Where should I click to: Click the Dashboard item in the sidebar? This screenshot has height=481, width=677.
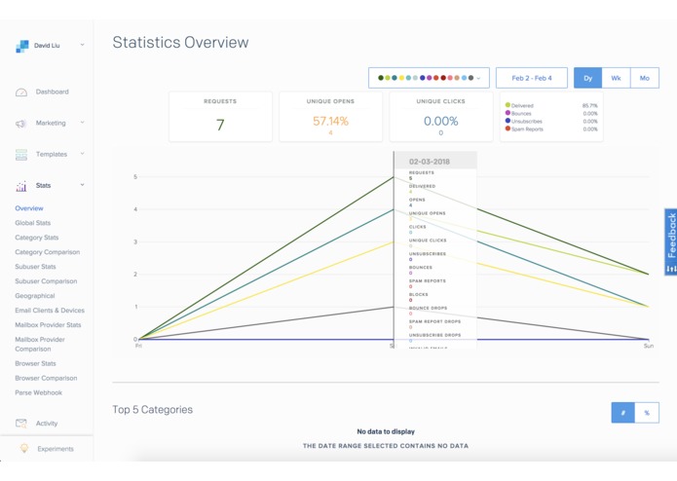tap(52, 92)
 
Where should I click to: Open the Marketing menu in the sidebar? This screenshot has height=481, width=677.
tap(51, 123)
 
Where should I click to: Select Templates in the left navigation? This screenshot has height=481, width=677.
tap(52, 154)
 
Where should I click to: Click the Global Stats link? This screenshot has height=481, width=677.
tap(33, 223)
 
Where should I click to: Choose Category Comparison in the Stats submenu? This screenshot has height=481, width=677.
tap(48, 252)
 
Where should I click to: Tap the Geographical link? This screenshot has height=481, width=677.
tap(35, 296)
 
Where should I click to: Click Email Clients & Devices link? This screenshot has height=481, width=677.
tap(50, 311)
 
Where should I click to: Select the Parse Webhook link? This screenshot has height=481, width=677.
tap(39, 392)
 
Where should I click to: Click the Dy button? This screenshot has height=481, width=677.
tap(587, 78)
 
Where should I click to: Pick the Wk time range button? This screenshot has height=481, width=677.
tap(616, 78)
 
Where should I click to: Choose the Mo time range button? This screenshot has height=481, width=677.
tap(644, 78)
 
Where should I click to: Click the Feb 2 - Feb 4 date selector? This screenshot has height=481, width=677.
tap(532, 78)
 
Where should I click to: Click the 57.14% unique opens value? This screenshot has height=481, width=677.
tap(330, 122)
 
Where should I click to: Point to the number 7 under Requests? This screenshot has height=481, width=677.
tap(220, 125)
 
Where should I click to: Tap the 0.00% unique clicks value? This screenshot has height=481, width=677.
tap(440, 122)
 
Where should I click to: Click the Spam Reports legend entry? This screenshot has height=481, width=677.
tap(527, 129)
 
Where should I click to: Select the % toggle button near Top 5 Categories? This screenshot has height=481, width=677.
tap(647, 413)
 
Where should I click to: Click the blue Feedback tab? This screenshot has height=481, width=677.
tap(670, 241)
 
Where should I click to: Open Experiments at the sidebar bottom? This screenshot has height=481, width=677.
tap(55, 449)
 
